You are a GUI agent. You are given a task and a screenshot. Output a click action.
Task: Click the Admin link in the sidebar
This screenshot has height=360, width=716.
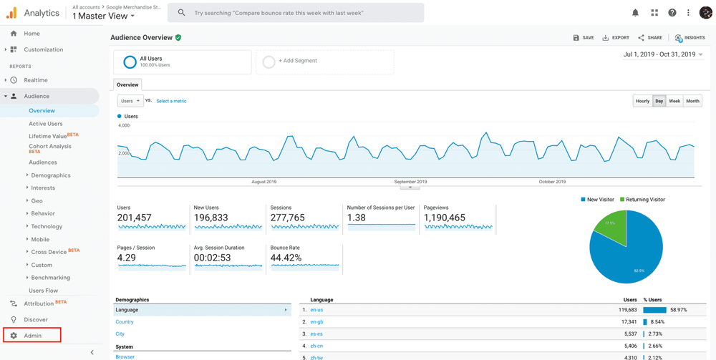pos(32,336)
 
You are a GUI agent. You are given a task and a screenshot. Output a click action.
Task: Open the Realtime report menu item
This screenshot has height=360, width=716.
pos(36,80)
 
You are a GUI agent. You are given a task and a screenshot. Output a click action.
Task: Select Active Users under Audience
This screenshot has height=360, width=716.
pos(45,124)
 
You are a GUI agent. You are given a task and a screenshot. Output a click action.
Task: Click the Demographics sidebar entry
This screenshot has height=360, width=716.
pos(51,175)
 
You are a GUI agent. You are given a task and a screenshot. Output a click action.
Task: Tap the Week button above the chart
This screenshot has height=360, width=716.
pos(674,101)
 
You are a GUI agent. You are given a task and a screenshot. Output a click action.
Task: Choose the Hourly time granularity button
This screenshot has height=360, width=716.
pos(642,101)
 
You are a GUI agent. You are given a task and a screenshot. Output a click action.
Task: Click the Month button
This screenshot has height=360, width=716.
pos(692,101)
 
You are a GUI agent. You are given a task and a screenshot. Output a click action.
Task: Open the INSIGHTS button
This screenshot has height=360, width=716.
pos(690,38)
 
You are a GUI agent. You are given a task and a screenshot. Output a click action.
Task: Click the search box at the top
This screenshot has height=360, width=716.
pos(295,13)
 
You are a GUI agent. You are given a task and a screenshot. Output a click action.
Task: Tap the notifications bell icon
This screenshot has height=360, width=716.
pos(635,13)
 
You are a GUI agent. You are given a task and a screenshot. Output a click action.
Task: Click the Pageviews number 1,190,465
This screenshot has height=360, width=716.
pos(445,218)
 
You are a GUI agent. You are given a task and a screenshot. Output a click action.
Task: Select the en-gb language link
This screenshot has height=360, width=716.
pos(316,322)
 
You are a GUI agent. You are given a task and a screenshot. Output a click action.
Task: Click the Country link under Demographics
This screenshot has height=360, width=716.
pos(125,322)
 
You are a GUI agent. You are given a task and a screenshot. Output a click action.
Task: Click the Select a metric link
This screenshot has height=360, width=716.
pos(171,101)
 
